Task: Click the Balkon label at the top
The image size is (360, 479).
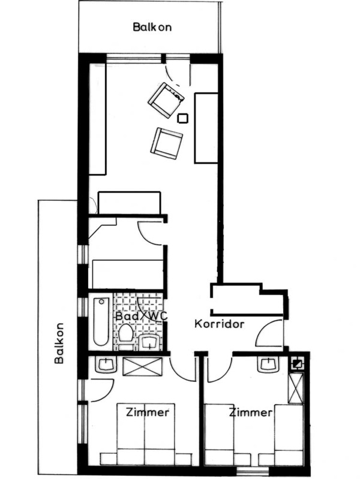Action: coord(152,27)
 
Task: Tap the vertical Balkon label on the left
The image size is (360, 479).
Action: coord(59,343)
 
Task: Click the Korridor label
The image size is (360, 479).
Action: coord(220,324)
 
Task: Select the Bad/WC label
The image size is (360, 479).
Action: coord(142,316)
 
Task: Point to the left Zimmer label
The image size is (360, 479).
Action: coord(148,412)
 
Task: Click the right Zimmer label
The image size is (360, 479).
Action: coord(251,412)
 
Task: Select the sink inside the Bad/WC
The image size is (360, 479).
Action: coord(149,342)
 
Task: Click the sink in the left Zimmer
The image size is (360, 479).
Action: coord(106,364)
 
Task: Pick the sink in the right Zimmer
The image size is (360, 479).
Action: coord(269,364)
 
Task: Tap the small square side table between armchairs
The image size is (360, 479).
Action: coord(182,118)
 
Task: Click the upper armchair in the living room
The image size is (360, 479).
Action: coord(166,100)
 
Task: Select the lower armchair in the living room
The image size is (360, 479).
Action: coord(166,143)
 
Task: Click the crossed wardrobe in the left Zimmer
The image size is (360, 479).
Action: coord(143,366)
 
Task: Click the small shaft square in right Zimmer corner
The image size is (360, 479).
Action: coord(297,364)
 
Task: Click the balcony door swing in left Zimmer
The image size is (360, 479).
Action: coord(102,390)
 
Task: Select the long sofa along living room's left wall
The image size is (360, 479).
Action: coord(97,119)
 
